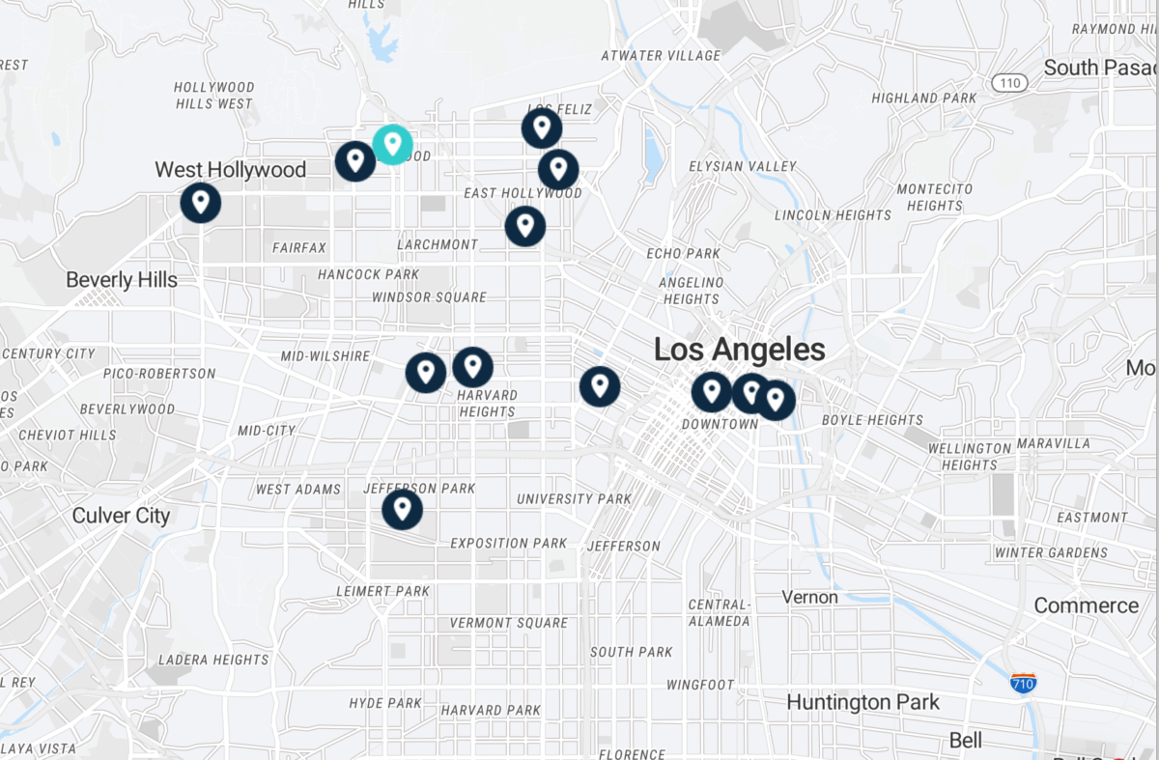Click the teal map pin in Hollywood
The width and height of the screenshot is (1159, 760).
[392, 145]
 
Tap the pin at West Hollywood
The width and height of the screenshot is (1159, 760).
[201, 203]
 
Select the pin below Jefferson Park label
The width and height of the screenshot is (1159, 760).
[402, 509]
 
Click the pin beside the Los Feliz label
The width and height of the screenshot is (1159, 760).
[542, 127]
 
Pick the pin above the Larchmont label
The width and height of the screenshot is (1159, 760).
[525, 226]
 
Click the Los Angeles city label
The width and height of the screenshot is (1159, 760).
[739, 350]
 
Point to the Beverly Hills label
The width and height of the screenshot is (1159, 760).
[122, 280]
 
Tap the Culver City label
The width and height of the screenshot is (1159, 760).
[121, 516]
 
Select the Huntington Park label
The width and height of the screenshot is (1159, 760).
[862, 702]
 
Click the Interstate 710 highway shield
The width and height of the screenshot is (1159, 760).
[1024, 683]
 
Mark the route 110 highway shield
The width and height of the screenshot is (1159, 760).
[1010, 83]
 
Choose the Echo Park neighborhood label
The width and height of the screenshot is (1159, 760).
[684, 254]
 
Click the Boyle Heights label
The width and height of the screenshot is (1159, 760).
[872, 420]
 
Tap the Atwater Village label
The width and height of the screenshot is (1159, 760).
[661, 56]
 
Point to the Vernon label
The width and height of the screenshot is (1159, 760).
[809, 597]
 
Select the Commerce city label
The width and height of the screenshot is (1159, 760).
[1086, 605]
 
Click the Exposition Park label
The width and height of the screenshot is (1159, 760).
[508, 544]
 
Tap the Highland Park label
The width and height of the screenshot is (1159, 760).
[923, 99]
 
